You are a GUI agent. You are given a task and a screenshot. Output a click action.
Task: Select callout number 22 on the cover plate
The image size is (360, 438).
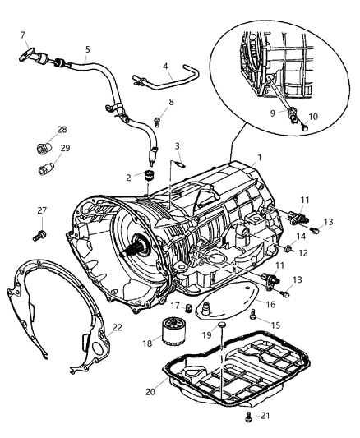[117, 327]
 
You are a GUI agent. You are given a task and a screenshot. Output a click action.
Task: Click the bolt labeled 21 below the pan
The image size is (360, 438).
[247, 417]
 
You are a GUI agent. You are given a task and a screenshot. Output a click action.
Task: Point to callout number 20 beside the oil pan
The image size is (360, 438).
[149, 391]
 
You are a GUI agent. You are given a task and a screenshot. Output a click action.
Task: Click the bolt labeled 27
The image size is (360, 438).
[38, 237]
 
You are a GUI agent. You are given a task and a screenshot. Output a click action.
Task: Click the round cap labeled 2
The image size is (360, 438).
[150, 175]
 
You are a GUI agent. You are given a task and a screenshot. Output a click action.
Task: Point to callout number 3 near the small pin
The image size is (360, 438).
[177, 146]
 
